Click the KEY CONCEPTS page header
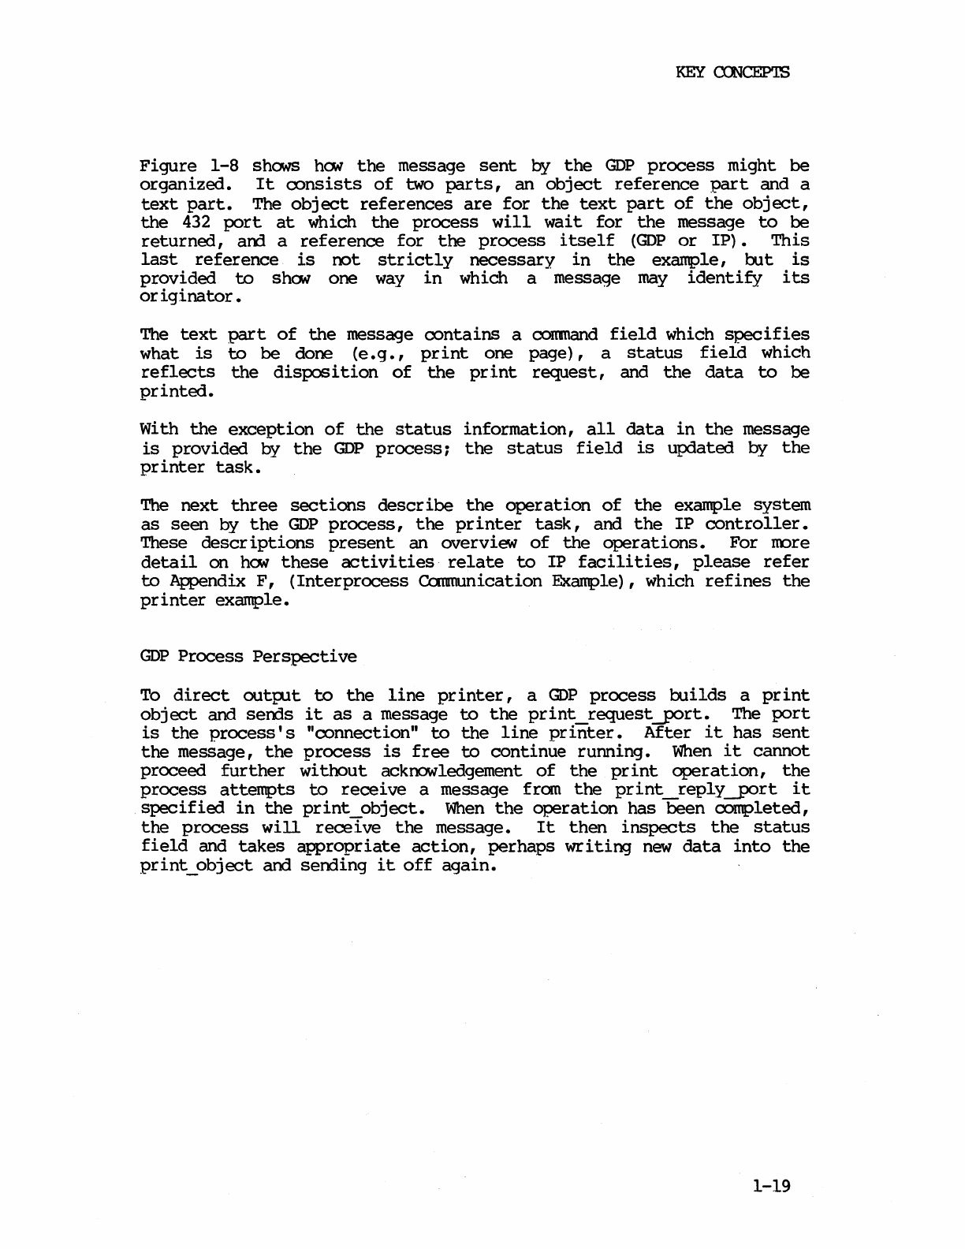point(732,73)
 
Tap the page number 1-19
point(770,1185)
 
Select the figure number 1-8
point(225,166)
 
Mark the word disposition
point(325,372)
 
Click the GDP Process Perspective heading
point(248,657)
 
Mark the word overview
point(474,543)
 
